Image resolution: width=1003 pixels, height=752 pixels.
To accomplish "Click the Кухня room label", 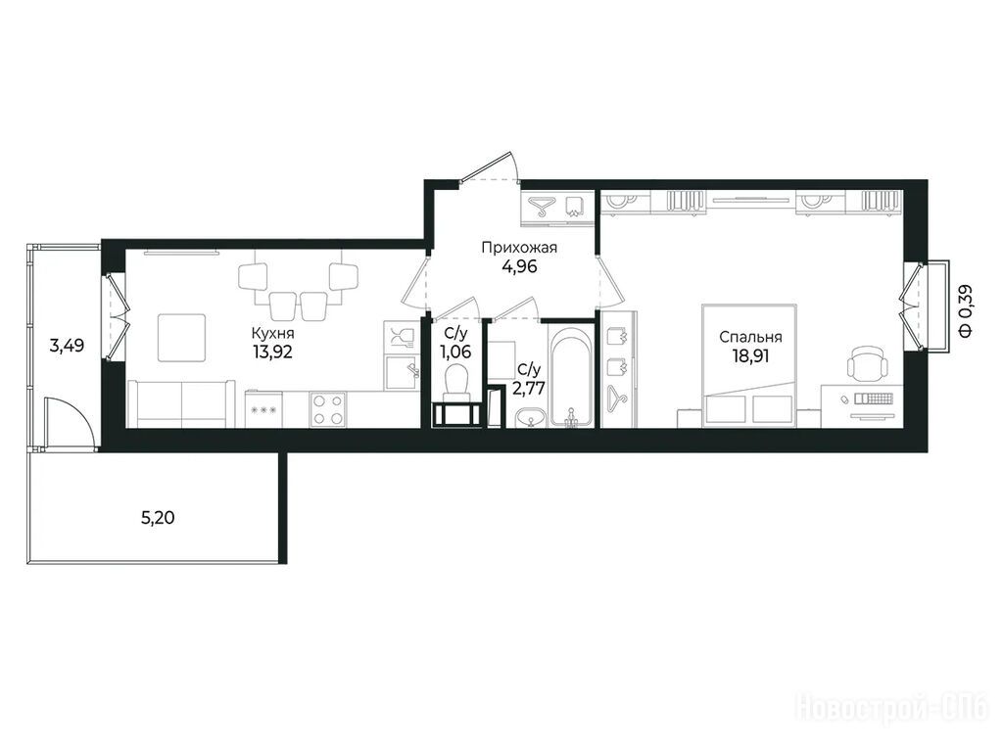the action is click(x=272, y=333).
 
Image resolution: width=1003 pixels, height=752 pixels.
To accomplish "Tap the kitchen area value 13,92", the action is click(x=272, y=352).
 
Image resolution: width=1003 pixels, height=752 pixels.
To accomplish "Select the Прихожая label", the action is click(x=519, y=248).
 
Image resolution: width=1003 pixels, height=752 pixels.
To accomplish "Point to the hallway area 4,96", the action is click(x=519, y=266).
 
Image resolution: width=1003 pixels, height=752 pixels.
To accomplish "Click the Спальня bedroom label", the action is click(x=750, y=337).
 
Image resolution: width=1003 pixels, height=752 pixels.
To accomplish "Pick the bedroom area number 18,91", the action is click(x=750, y=356).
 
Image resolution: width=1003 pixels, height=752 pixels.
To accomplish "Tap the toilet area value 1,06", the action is click(x=455, y=352).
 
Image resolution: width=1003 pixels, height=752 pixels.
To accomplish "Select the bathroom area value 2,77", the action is click(x=529, y=388).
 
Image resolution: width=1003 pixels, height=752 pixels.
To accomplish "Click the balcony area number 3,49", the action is click(x=68, y=347).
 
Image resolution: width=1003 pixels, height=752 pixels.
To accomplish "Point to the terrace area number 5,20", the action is click(x=158, y=517).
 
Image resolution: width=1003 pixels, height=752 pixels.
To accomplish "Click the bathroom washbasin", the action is click(x=529, y=418).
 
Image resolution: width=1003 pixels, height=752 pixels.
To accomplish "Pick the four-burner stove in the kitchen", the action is click(x=328, y=409).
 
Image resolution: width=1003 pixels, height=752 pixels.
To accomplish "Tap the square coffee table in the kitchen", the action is click(x=182, y=338).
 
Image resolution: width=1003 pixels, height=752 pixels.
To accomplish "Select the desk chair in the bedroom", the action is click(x=868, y=362).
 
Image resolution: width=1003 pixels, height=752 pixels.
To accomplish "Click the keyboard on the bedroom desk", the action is click(x=873, y=399).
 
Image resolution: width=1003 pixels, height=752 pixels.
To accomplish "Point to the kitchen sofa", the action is click(x=181, y=403).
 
